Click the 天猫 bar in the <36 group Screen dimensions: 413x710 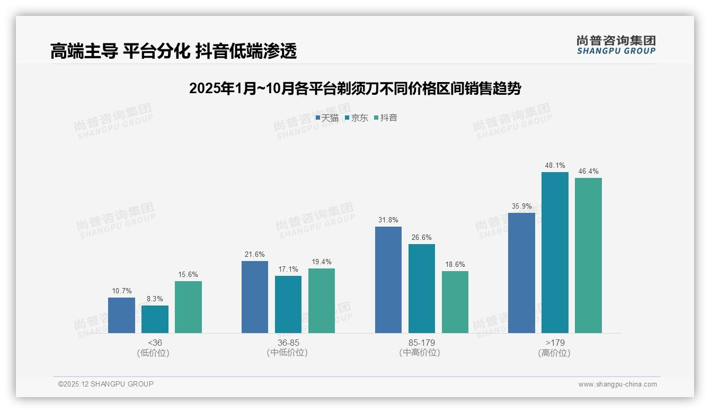[121, 315]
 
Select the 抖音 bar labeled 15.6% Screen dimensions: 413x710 [188, 307]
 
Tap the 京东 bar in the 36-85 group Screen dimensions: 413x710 [288, 304]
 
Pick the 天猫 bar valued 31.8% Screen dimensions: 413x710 [388, 280]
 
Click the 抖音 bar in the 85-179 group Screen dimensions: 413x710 [455, 302]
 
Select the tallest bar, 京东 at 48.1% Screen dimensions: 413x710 [555, 252]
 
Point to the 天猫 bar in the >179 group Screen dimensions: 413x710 [521, 273]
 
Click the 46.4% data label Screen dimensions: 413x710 [588, 172]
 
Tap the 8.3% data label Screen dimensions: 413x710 [155, 299]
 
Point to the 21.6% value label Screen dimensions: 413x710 [255, 255]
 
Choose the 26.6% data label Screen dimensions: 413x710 [422, 238]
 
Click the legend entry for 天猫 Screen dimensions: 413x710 [327, 118]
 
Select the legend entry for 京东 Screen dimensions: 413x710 [357, 118]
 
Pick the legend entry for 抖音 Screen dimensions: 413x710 [386, 118]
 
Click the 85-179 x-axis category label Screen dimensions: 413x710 [422, 343]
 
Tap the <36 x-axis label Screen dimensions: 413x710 [155, 343]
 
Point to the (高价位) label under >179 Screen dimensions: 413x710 [554, 353]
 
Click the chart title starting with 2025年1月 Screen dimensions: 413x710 [355, 88]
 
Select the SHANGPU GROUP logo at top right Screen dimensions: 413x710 [616, 44]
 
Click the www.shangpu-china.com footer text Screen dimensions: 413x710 [617, 384]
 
